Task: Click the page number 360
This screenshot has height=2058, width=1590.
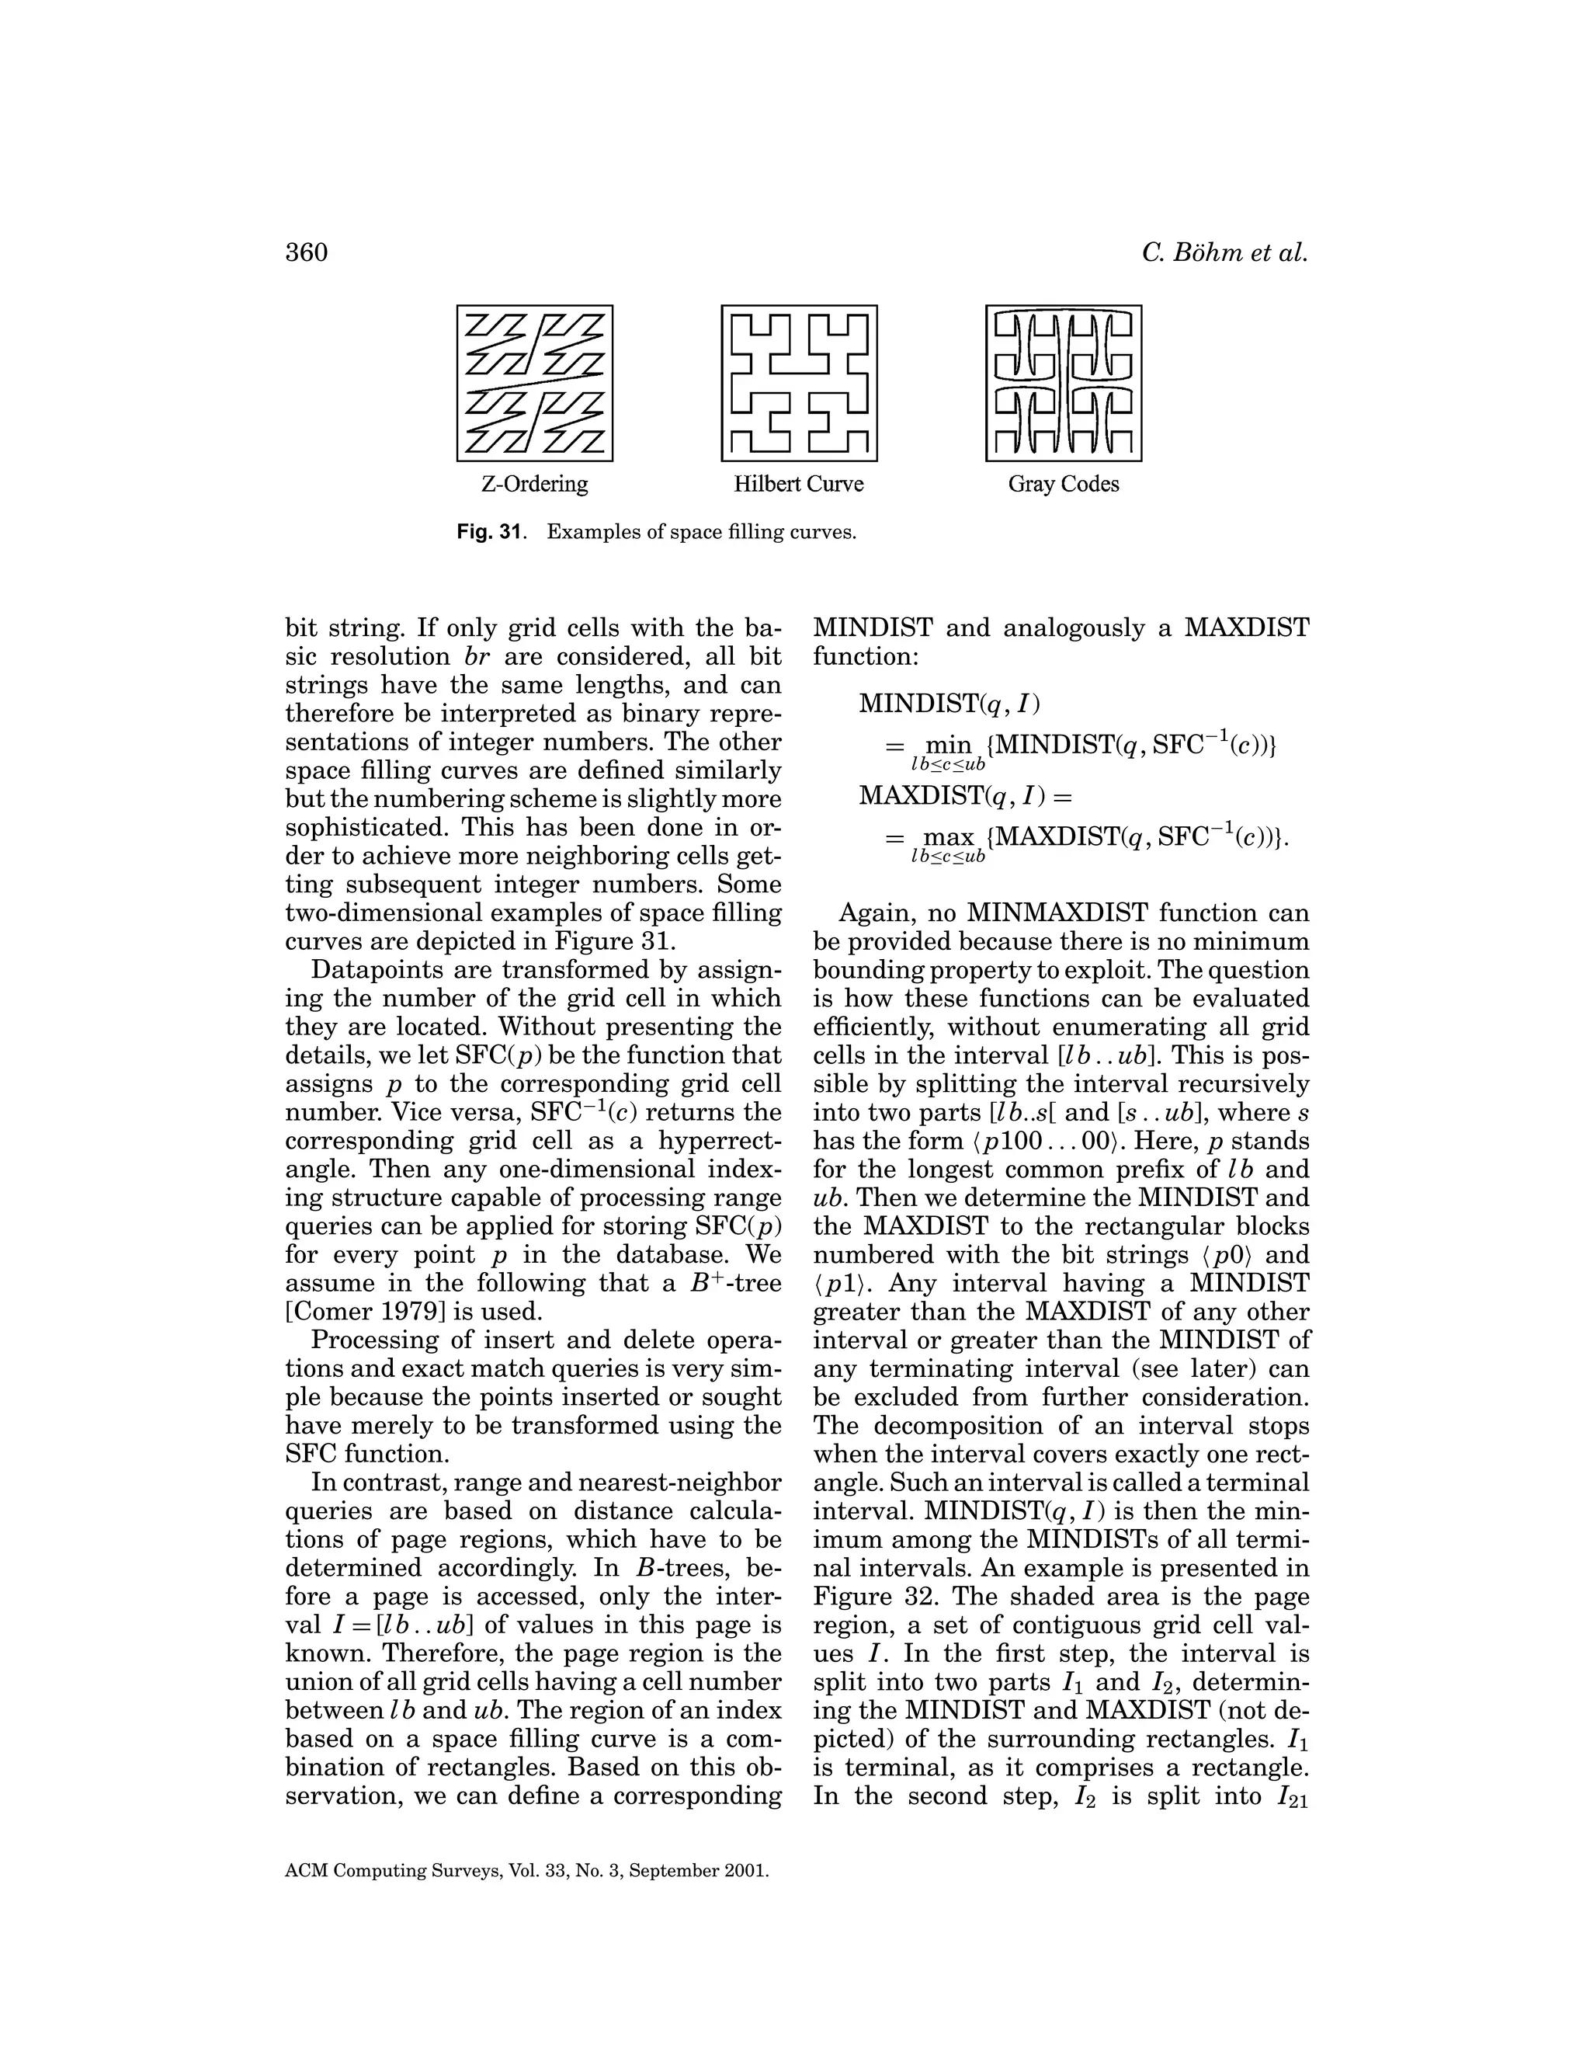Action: pyautogui.click(x=306, y=252)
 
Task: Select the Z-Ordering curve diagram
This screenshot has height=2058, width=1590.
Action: pyautogui.click(x=535, y=384)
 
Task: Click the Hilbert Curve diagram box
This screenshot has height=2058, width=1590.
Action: pyautogui.click(x=799, y=384)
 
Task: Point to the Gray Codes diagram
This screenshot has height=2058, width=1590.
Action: pyautogui.click(x=1064, y=384)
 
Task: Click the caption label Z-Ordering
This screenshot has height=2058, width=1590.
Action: pyautogui.click(x=535, y=485)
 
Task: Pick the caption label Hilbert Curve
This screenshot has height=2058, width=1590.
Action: pyautogui.click(x=799, y=485)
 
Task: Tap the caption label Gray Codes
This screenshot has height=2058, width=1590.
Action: pyautogui.click(x=1064, y=485)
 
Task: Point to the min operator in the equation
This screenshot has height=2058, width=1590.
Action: pyautogui.click(x=948, y=746)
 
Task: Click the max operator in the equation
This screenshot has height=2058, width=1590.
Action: pyautogui.click(x=949, y=836)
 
